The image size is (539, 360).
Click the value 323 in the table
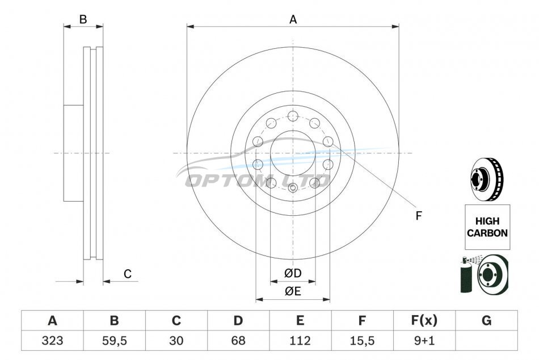[52, 341]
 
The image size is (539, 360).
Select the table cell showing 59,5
[115, 341]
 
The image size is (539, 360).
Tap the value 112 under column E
[300, 341]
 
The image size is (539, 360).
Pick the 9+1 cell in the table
[424, 341]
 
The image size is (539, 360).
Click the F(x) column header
[424, 321]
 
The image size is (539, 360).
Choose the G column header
[486, 321]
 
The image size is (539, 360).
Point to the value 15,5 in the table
[362, 341]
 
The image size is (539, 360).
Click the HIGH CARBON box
[487, 227]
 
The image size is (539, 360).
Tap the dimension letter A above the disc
[293, 20]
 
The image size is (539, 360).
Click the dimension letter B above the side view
[83, 20]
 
